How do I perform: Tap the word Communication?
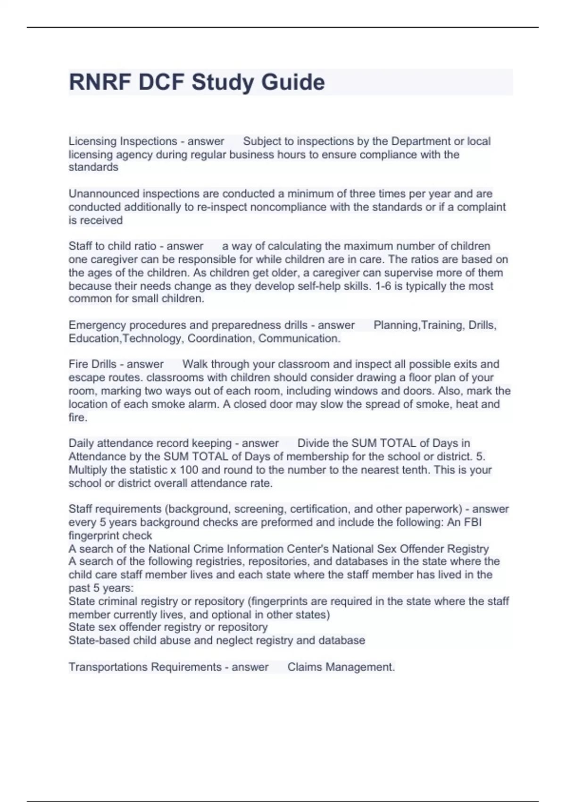299,338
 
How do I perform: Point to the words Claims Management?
341,667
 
